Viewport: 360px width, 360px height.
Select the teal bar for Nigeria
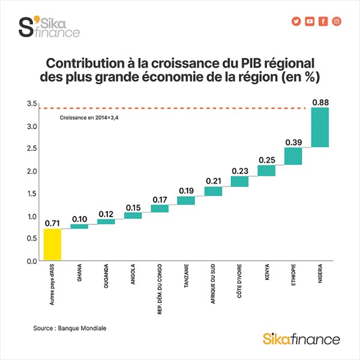tap(320, 127)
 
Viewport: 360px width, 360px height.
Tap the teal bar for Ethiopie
tap(293, 156)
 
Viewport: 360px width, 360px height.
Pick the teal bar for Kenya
tap(266, 170)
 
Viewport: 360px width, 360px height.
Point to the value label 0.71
tap(53, 223)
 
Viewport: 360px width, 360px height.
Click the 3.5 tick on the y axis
tap(32, 104)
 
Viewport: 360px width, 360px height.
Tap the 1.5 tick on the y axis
tap(32, 194)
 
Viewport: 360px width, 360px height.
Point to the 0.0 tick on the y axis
tap(32, 261)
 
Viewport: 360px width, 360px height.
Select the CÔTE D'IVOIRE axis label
tap(239, 284)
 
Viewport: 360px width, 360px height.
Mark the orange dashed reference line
tap(180, 109)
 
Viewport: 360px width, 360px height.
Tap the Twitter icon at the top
tap(296, 21)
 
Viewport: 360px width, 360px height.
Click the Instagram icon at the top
tap(337, 21)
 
